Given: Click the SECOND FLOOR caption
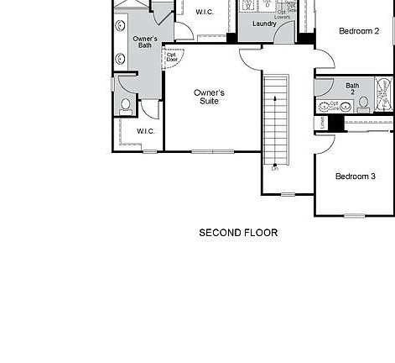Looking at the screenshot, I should [238, 233].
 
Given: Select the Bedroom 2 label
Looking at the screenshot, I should [359, 31].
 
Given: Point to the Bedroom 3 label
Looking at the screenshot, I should [356, 176].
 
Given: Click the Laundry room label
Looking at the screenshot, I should [264, 24].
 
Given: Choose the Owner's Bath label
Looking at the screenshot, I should [145, 43].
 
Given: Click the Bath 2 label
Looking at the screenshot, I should [352, 88].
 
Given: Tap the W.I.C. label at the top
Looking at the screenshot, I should [205, 13].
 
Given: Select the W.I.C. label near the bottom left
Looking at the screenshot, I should [146, 131].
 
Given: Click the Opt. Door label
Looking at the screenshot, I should [172, 58].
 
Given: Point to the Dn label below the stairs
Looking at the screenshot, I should [274, 169].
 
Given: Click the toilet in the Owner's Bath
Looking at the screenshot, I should [126, 105].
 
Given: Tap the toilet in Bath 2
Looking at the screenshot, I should [363, 104].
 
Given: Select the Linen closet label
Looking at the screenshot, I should [322, 123].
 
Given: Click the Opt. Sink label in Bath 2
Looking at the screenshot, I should [334, 105].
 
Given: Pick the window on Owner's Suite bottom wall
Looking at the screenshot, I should [213, 151].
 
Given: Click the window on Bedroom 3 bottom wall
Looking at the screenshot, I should [355, 215].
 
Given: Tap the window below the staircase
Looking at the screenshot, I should [288, 195].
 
